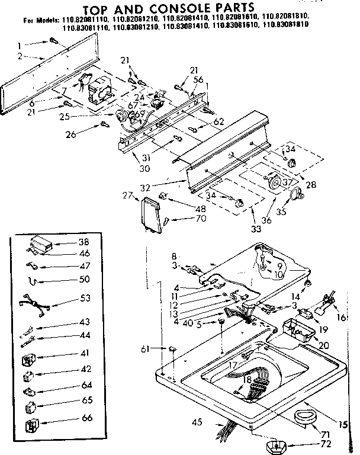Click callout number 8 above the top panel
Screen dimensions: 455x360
[174, 256]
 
